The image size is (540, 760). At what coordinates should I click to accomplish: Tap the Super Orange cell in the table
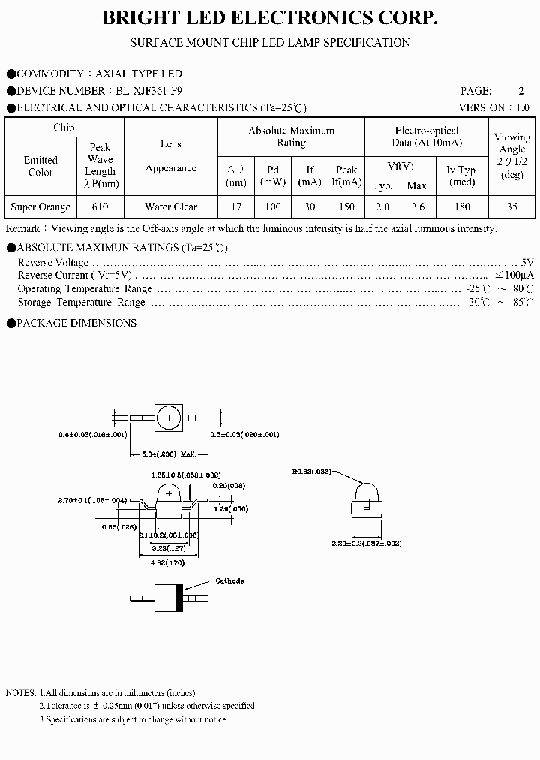[x=40, y=207]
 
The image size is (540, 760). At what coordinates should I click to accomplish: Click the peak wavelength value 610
[x=100, y=207]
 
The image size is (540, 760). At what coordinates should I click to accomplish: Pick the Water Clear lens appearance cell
[x=171, y=207]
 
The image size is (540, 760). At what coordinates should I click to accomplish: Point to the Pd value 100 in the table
[x=273, y=207]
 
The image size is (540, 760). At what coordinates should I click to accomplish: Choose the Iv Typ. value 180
[x=462, y=207]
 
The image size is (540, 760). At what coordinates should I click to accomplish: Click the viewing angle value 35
[x=512, y=207]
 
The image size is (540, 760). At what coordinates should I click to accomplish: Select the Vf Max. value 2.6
[x=417, y=207]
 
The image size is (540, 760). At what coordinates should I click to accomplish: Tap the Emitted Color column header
[x=40, y=166]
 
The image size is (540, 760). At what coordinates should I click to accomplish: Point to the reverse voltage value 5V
[x=526, y=262]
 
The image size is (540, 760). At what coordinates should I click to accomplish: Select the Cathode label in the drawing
[x=229, y=581]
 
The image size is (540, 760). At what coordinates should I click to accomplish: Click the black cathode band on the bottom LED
[x=178, y=599]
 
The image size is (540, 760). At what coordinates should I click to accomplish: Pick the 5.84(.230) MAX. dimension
[x=169, y=454]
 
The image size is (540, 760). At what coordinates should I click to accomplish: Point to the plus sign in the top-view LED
[x=169, y=418]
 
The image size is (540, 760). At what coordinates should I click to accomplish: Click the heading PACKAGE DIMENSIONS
[x=76, y=323]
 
